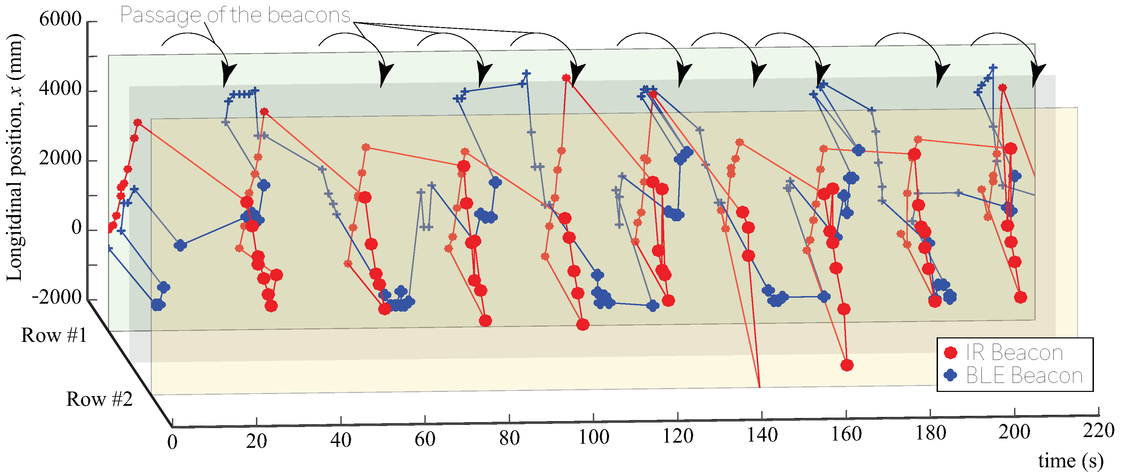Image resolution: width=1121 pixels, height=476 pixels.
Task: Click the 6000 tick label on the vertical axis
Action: tap(60, 19)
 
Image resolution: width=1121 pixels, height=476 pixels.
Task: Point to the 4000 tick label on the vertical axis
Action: tap(60, 89)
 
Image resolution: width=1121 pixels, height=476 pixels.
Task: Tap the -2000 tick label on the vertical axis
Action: tap(57, 297)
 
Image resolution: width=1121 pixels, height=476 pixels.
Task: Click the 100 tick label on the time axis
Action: tap(593, 437)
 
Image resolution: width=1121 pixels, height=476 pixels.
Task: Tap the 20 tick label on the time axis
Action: tap(256, 442)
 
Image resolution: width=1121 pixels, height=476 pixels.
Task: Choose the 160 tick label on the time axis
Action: tap(846, 434)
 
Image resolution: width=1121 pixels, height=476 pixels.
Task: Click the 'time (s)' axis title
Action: tap(1071, 461)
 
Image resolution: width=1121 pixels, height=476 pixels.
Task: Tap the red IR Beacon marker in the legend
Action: tap(951, 352)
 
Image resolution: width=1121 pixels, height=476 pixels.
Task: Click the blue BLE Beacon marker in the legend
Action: tap(951, 375)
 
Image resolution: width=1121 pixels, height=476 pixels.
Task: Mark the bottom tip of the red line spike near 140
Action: tap(759, 387)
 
